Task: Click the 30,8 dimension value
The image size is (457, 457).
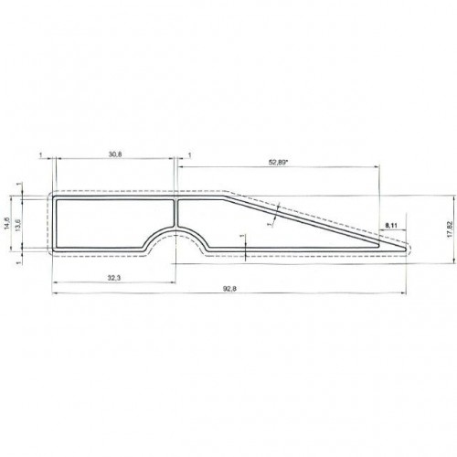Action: [x=114, y=155]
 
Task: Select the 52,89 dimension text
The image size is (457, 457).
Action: [x=280, y=163]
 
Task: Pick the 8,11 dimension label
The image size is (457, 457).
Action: [x=392, y=224]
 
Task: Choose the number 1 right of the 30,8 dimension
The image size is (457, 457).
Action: [x=188, y=155]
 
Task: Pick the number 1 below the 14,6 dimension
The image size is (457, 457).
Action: [x=19, y=262]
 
